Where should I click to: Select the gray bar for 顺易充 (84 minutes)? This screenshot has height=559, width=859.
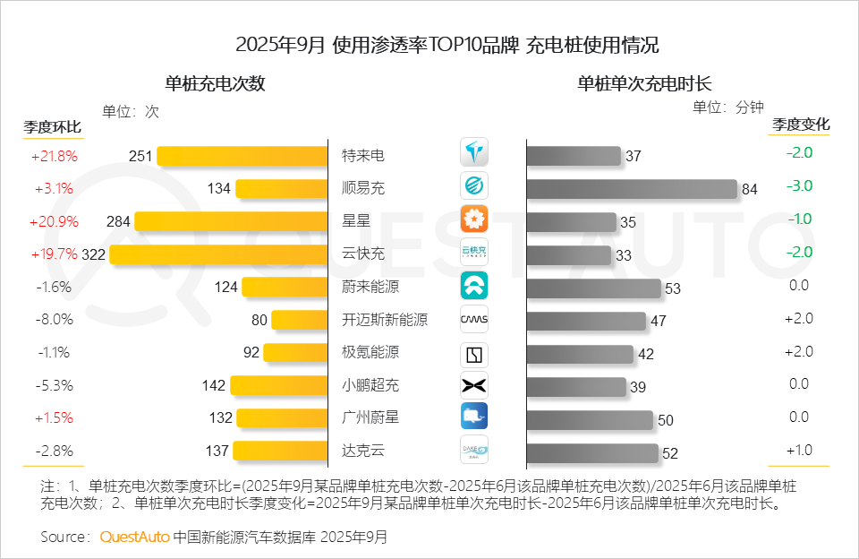[x=632, y=188]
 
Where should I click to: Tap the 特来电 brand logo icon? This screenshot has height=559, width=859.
[x=474, y=153]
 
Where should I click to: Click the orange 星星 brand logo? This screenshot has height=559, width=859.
[x=474, y=219]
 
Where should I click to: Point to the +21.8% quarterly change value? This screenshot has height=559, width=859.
[x=54, y=156]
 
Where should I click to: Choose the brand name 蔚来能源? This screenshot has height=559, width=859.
[x=370, y=287]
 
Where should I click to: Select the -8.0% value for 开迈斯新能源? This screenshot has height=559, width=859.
[x=54, y=320]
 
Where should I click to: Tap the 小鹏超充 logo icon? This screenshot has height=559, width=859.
[x=474, y=385]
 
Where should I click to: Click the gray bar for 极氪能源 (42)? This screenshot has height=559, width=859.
[x=580, y=354]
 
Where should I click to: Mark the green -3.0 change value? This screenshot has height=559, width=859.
[x=799, y=185]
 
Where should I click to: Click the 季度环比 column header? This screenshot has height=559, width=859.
[x=52, y=126]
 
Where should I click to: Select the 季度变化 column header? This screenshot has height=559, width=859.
[x=801, y=124]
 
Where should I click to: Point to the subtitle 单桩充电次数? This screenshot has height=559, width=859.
[x=215, y=84]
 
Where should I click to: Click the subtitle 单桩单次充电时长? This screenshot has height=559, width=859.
[x=644, y=84]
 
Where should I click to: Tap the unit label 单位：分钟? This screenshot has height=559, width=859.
[x=728, y=107]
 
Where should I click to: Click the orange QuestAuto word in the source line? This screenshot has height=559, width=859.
[x=134, y=537]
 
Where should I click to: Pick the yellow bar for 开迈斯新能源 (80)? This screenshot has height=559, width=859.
[x=300, y=320]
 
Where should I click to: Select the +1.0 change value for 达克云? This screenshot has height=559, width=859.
[x=798, y=450]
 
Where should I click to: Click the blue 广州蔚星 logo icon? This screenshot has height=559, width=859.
[x=474, y=417]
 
